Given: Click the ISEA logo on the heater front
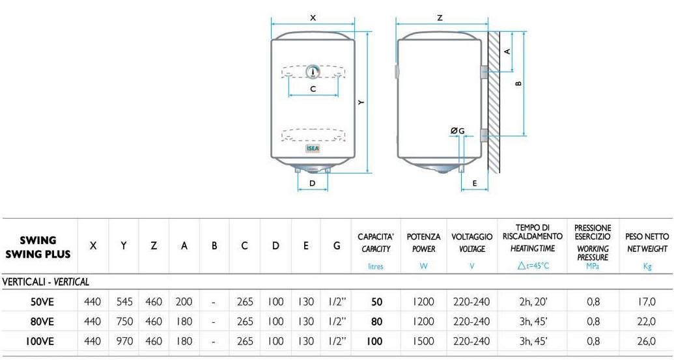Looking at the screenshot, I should (313, 149).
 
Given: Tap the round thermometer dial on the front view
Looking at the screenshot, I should (313, 72).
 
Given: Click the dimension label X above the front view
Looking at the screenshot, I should (313, 18).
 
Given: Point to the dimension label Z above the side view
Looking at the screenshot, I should (440, 18).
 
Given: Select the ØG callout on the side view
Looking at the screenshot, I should (458, 131).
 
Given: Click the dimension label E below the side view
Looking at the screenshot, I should (475, 184).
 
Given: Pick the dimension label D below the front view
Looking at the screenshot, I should (313, 184).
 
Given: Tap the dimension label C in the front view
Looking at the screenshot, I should (313, 89).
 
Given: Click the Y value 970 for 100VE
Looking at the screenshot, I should (124, 340).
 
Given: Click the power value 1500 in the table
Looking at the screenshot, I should (423, 340).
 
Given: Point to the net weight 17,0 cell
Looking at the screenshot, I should (647, 302).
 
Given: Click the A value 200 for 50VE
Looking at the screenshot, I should (184, 302).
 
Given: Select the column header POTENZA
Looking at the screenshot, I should (423, 237).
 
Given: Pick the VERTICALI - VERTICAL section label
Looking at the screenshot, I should (46, 282).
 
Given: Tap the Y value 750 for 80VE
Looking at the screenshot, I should (124, 322).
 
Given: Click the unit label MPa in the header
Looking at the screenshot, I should (592, 266).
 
